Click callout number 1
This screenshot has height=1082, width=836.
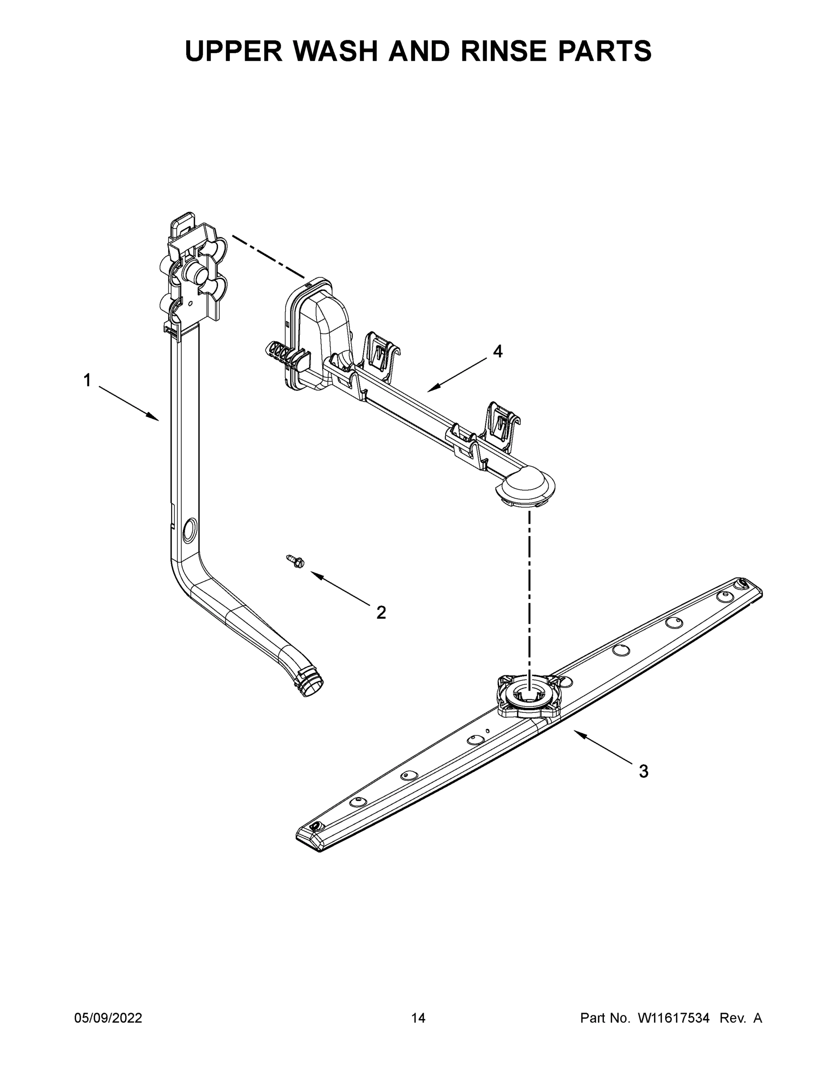point(87,381)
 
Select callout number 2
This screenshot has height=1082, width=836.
point(381,613)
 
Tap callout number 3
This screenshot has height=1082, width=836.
point(644,771)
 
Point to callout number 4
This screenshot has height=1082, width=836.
point(498,351)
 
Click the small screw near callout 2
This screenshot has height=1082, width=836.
point(296,561)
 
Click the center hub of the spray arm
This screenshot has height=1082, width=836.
point(530,696)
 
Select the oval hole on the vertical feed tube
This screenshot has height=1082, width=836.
point(190,529)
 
